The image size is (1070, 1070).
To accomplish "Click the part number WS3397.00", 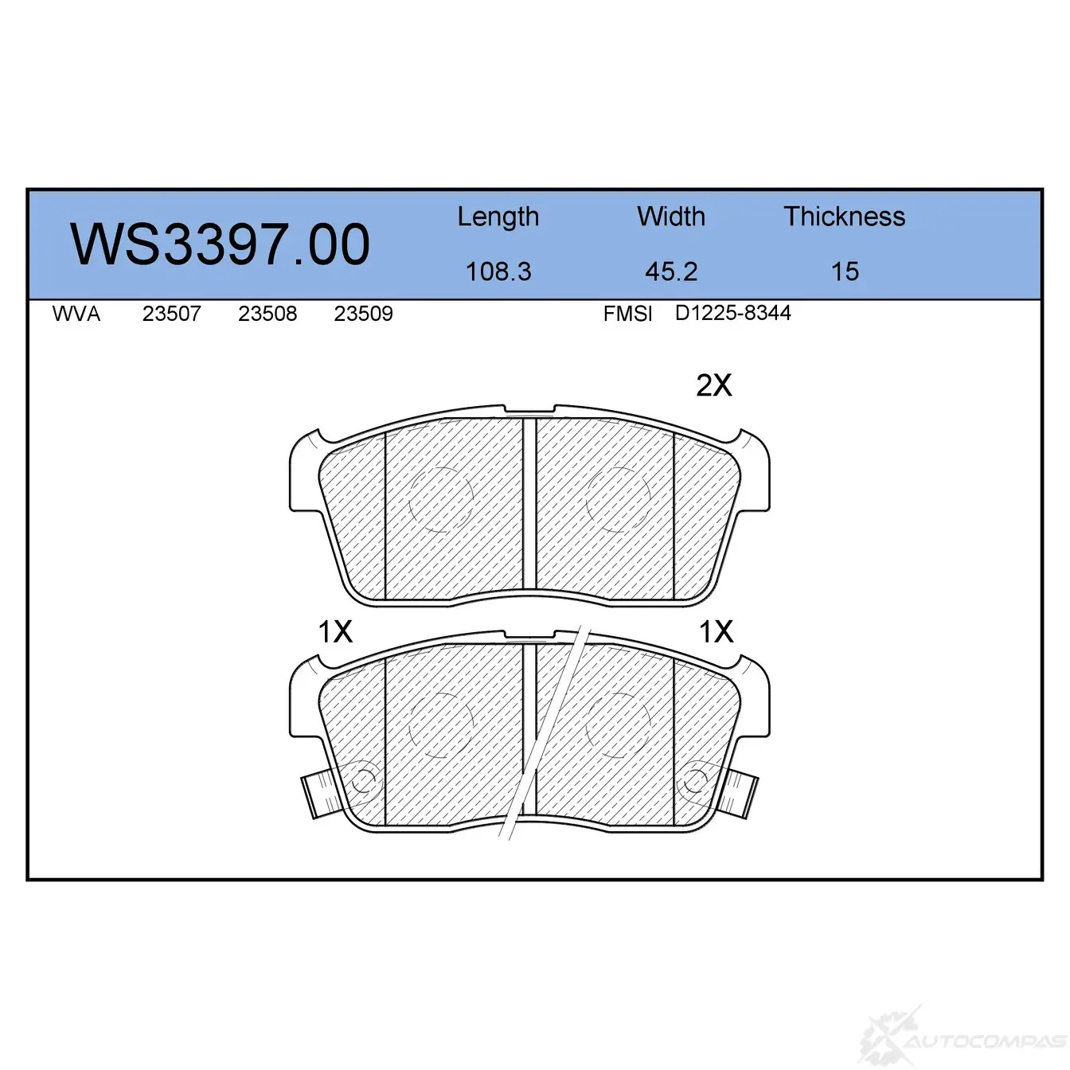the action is (220, 244).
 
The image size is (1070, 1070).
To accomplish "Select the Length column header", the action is (498, 217).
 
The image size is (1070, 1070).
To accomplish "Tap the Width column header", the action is (671, 216).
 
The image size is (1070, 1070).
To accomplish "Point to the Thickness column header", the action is (844, 216).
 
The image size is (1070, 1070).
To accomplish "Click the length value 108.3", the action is (498, 271).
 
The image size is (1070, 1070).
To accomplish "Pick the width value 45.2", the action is (671, 271).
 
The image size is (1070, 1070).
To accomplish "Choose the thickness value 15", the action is (845, 271).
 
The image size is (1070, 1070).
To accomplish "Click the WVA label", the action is (76, 314).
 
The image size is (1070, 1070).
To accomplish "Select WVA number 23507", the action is (171, 314).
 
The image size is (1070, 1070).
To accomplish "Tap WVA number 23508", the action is (267, 314).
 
